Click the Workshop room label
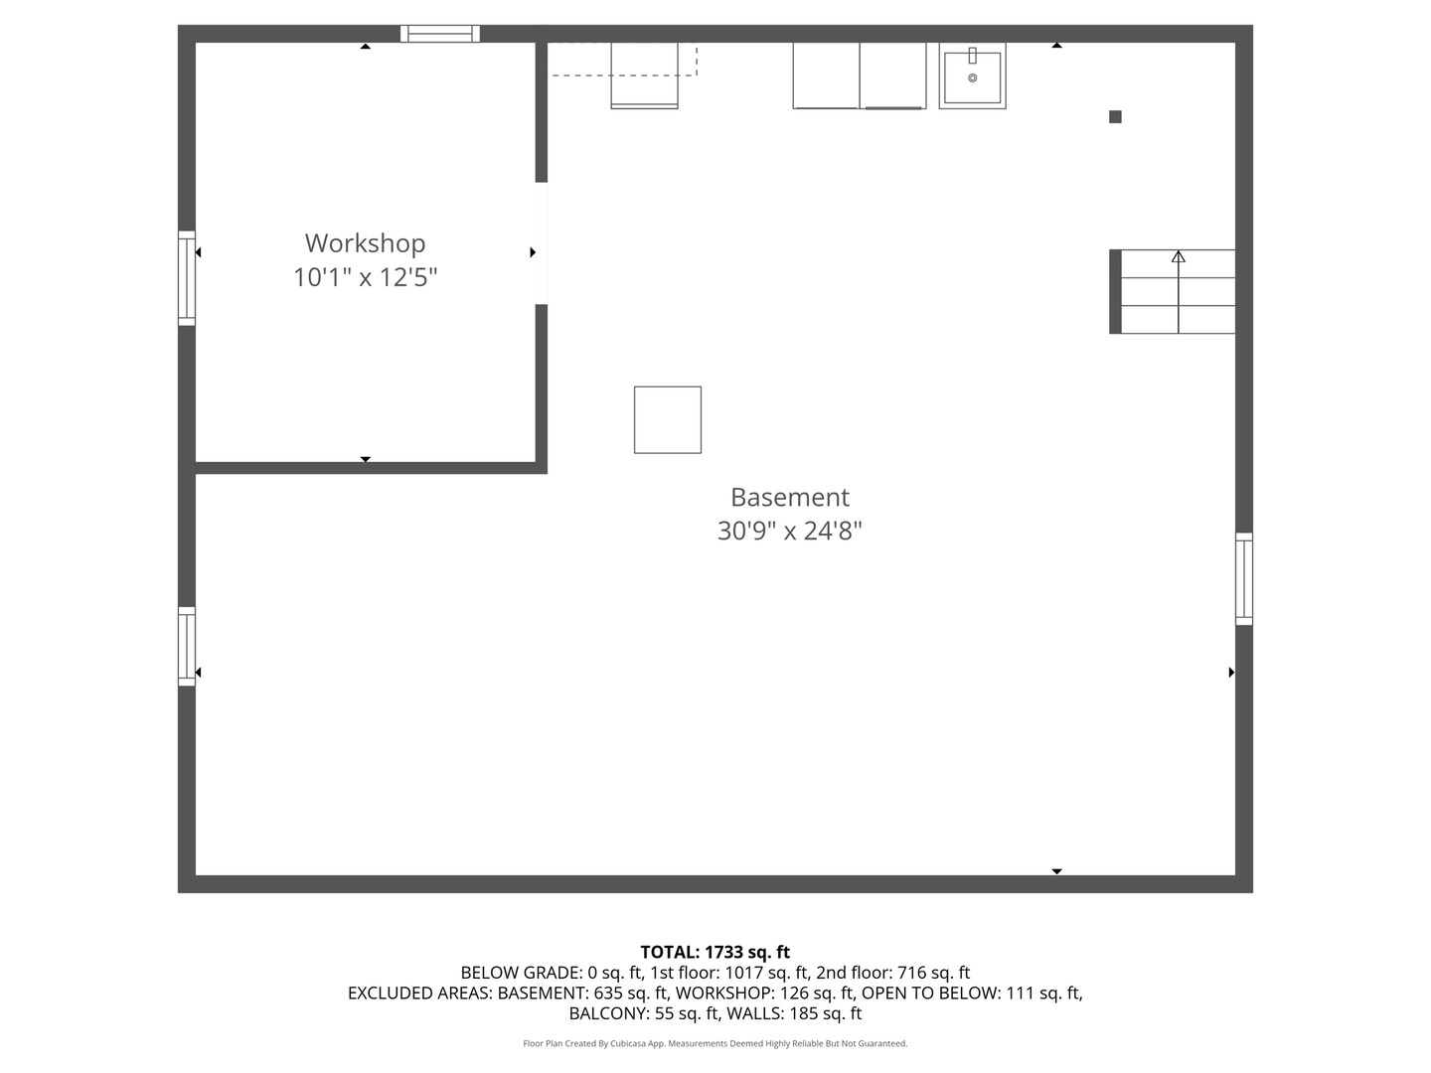point(365,243)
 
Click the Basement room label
point(790,497)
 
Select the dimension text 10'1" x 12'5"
point(365,277)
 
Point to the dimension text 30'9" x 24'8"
point(790,531)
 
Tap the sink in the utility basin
point(972,76)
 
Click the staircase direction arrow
point(1179,257)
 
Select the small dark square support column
point(1115,117)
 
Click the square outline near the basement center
point(668,420)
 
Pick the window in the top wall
point(440,34)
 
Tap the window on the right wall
point(1243,579)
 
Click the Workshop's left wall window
point(187,278)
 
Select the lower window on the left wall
point(187,646)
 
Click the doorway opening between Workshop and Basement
point(542,243)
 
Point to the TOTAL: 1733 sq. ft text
point(715,952)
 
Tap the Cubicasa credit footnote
point(715,1043)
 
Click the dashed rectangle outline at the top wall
point(623,59)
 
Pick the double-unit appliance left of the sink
point(859,76)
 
